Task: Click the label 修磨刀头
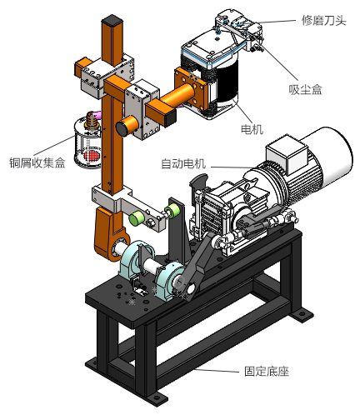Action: (324, 20)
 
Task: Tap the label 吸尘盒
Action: (305, 89)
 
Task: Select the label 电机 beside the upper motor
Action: (252, 129)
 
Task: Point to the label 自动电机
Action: (183, 163)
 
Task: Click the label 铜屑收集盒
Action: (37, 162)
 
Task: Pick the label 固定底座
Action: (267, 371)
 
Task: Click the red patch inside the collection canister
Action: (92, 156)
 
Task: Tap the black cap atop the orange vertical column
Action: (112, 20)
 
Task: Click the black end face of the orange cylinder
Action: (122, 129)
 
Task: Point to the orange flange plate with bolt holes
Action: (190, 89)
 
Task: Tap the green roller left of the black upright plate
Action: (137, 217)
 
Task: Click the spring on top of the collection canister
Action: (91, 121)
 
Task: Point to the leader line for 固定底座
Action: (216, 370)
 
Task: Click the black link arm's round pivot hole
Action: (190, 289)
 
